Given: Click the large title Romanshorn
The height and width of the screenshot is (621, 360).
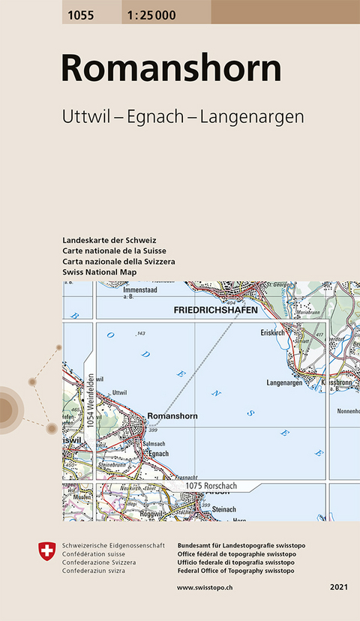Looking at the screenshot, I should pyautogui.click(x=171, y=68).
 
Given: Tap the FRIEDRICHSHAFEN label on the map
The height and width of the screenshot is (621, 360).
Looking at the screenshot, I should pyautogui.click(x=215, y=310).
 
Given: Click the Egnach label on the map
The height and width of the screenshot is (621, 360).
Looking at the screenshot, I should pyautogui.click(x=158, y=454).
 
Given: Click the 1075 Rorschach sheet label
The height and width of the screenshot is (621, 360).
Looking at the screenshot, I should pyautogui.click(x=208, y=487).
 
